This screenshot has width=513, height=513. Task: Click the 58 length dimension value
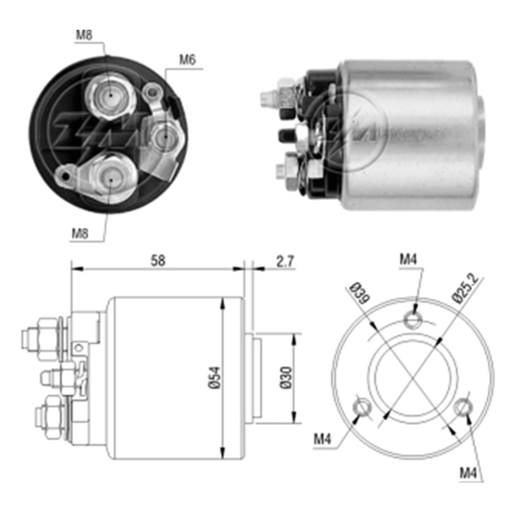pyautogui.click(x=158, y=261)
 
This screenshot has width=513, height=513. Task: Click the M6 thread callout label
pyautogui.click(x=187, y=60)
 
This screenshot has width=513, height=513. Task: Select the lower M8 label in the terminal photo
pyautogui.click(x=80, y=234)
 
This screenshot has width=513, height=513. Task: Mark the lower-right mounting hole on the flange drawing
pyautogui.click(x=463, y=406)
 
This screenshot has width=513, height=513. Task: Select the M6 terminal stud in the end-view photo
pyautogui.click(x=164, y=135)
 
